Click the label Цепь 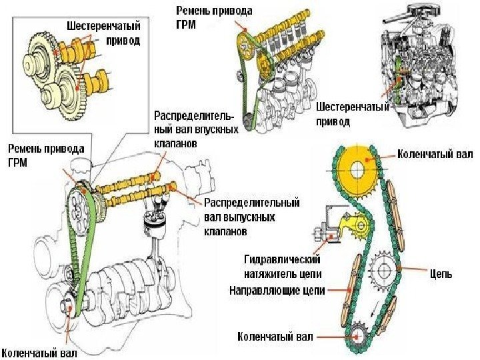click(441, 273)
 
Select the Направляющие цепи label click(277, 291)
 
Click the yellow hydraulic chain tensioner click(350, 227)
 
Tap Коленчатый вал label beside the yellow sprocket click(435, 155)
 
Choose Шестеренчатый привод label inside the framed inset click(103, 33)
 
